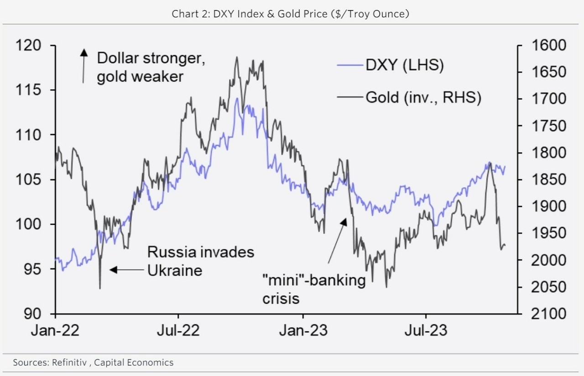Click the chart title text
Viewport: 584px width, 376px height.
[x=290, y=14]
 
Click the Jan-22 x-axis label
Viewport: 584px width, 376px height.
[x=55, y=330]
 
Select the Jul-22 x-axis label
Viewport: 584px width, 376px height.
[x=178, y=330]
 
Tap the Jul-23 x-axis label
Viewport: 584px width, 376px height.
[x=426, y=330]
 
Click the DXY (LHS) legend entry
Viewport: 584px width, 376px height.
[x=404, y=65]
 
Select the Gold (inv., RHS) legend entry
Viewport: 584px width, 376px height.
[x=422, y=97]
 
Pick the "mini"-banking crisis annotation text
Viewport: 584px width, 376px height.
[x=314, y=289]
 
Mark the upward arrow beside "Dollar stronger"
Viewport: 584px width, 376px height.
[x=83, y=66]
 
